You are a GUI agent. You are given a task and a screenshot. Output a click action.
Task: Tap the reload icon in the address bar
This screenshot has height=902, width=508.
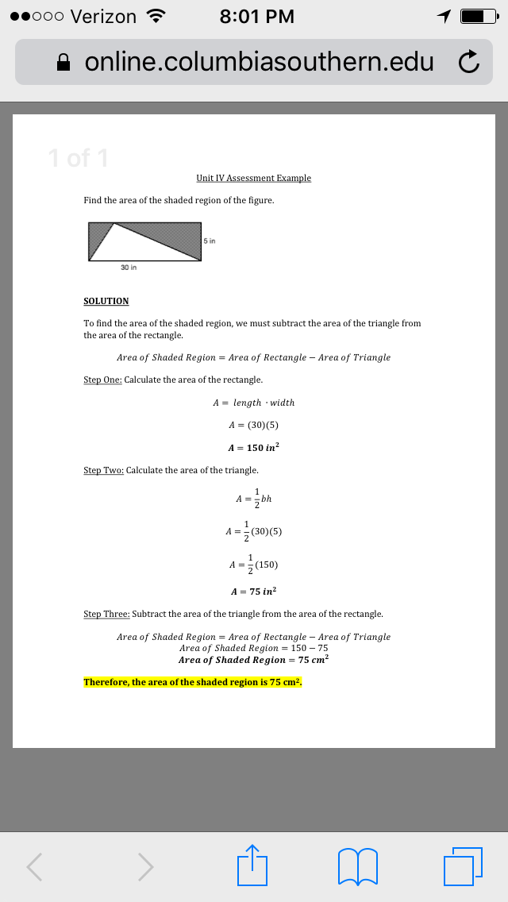pos(469,63)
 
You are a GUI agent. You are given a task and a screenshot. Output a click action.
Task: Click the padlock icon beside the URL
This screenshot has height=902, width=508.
pos(65,63)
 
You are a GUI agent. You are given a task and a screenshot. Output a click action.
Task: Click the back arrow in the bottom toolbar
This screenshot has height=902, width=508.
pos(33,865)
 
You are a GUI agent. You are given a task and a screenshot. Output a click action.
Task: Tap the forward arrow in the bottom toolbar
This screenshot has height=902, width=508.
pos(144,865)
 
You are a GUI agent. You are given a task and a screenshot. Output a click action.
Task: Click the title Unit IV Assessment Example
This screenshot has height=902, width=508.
pos(253,178)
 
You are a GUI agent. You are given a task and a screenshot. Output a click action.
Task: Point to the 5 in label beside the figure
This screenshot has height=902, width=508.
pos(210,240)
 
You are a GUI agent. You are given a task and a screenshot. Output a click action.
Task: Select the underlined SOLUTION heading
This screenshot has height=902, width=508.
pos(106,302)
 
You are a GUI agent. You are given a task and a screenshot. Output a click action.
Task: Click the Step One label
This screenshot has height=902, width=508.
pos(102,380)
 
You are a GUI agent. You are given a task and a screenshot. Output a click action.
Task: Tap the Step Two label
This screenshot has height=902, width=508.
pos(103,470)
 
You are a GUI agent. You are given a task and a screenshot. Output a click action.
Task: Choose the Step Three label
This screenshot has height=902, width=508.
pos(106,614)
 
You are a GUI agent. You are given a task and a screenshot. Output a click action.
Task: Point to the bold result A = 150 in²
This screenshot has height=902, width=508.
pos(253,448)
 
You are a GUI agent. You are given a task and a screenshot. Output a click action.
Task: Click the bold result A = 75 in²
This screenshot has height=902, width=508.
pos(253,592)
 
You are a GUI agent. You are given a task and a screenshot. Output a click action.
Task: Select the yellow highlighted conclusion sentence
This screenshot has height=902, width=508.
pos(193,682)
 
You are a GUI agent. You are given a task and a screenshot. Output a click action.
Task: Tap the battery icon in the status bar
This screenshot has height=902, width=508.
pos(477,16)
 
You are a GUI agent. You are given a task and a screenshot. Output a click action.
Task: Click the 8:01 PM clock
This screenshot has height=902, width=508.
pos(256,16)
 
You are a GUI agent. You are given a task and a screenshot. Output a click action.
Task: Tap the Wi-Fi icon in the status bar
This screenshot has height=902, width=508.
pos(156,16)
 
